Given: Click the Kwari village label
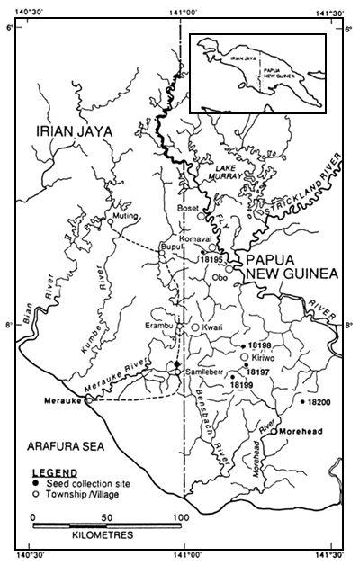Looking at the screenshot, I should [213, 327].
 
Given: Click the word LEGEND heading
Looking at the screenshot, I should [51, 471].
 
